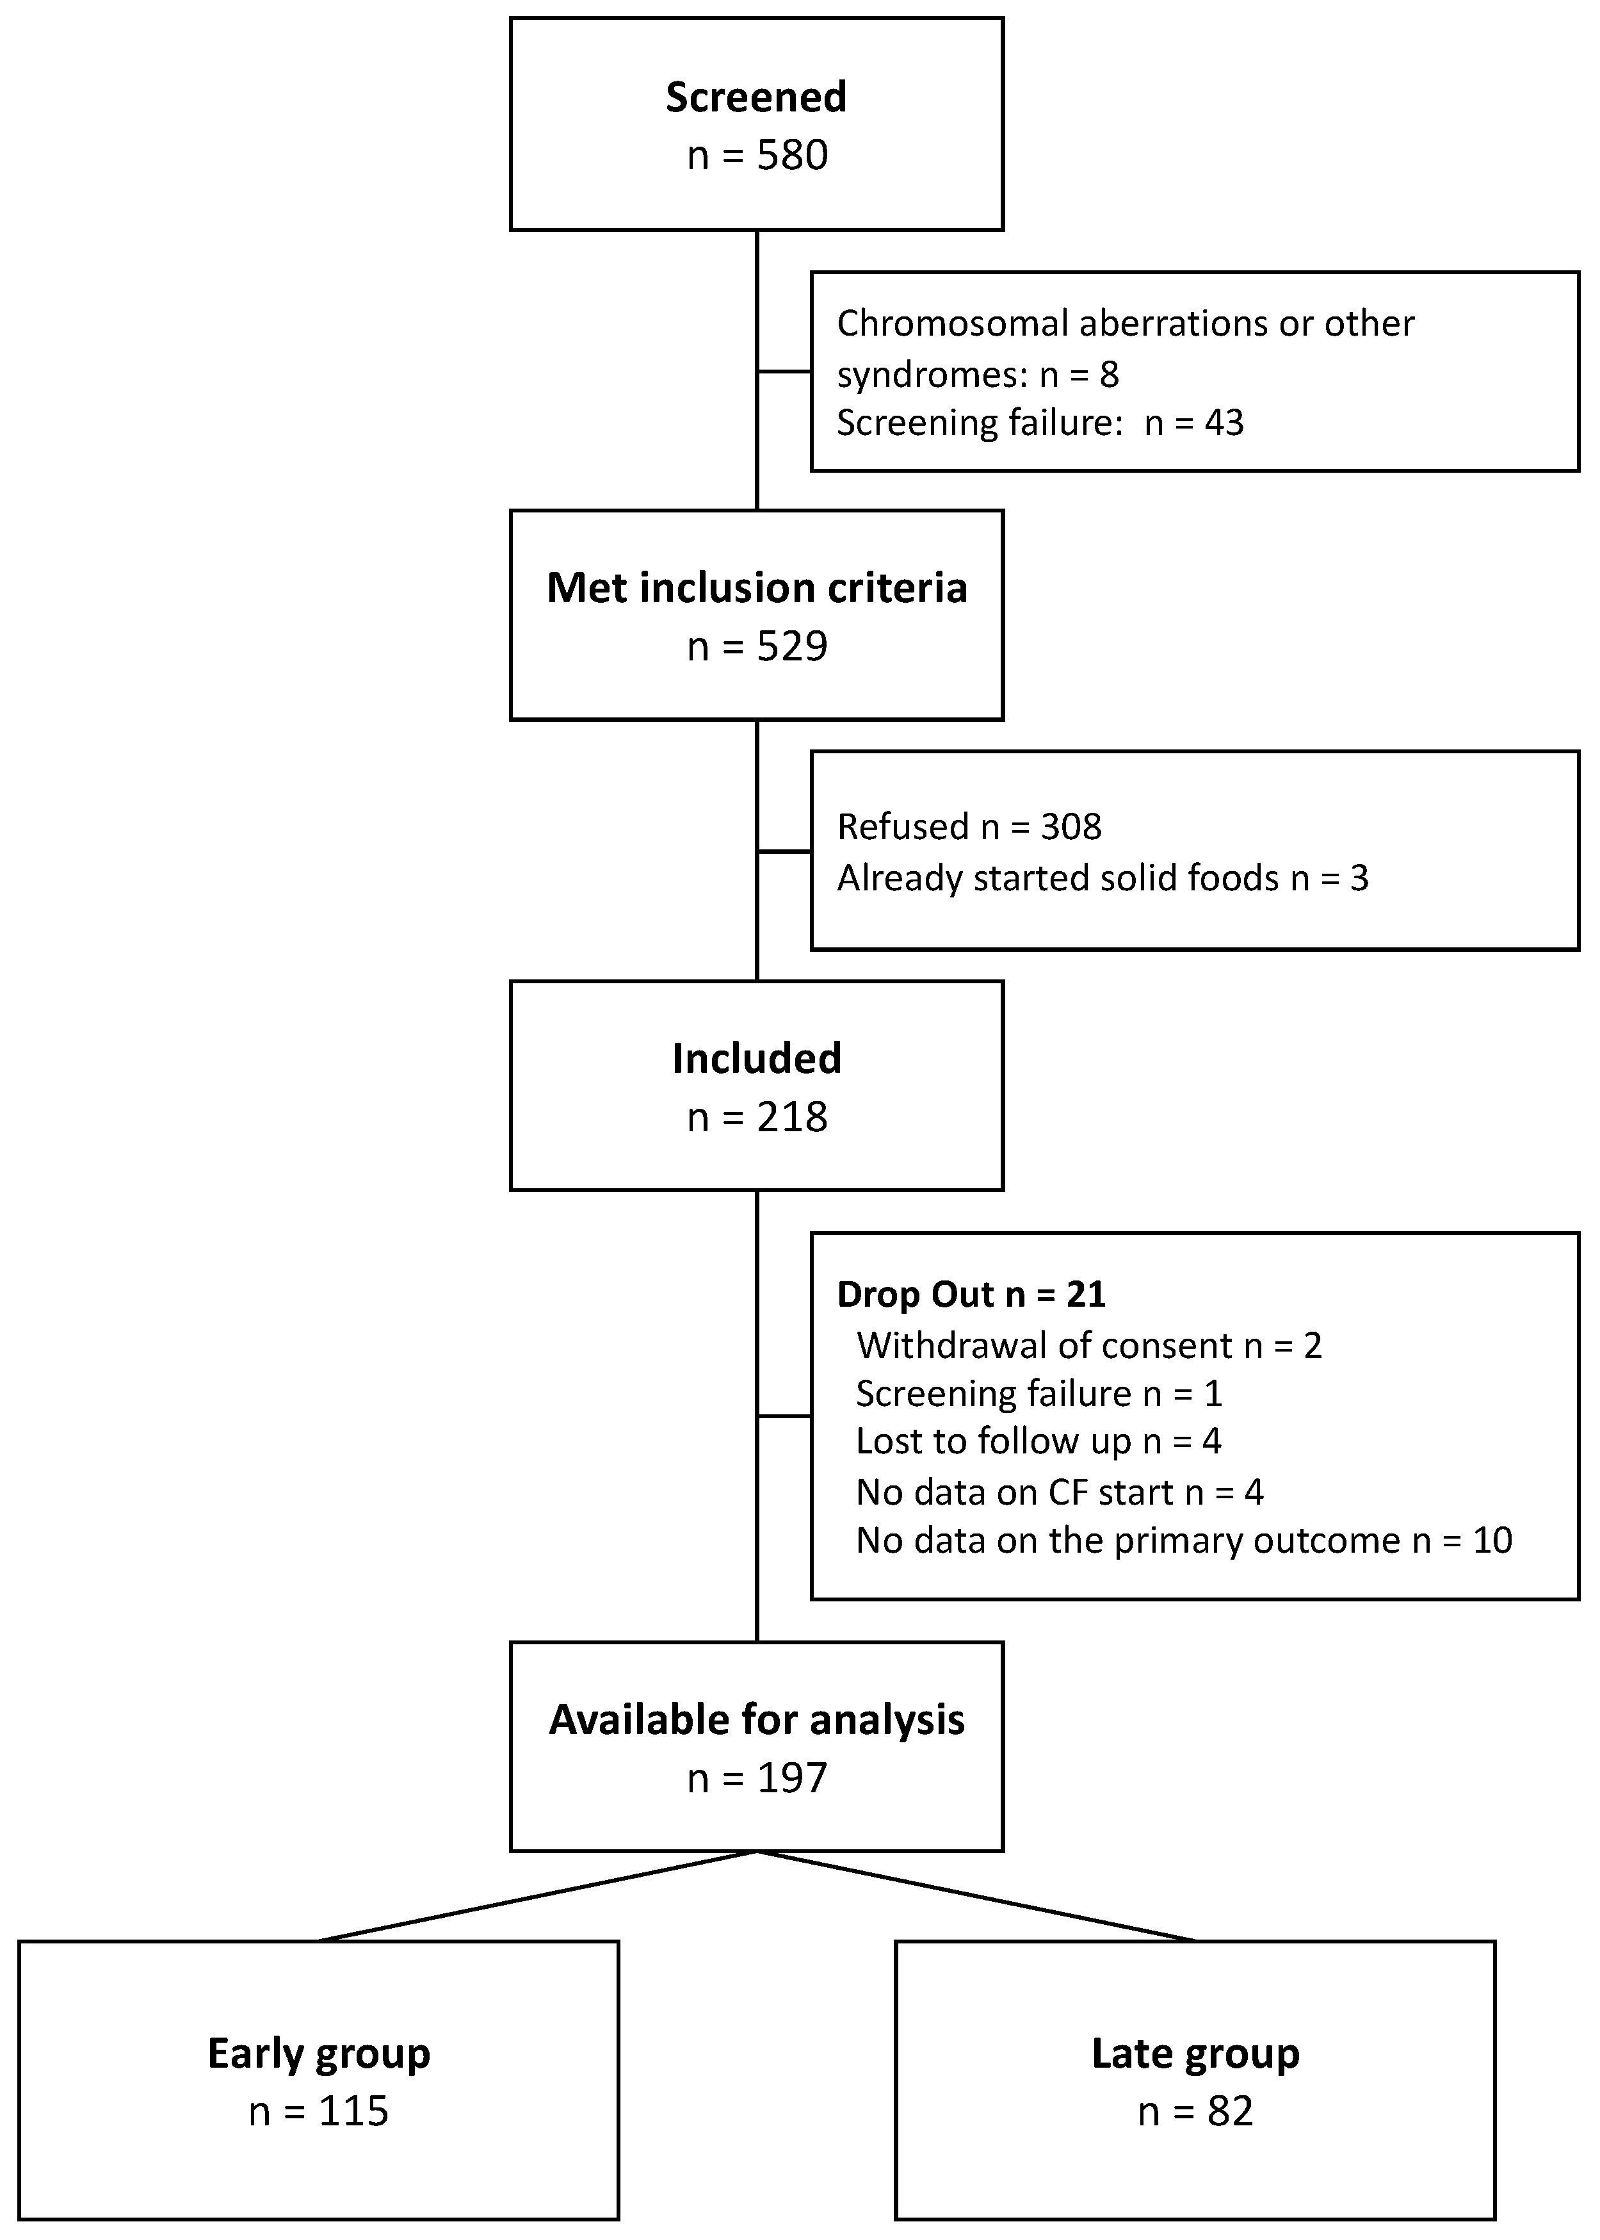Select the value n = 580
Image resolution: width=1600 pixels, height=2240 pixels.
click(757, 156)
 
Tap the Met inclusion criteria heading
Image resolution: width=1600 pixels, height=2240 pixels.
click(757, 588)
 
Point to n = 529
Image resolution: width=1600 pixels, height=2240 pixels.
click(757, 646)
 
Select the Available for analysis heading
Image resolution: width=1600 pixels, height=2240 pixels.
click(757, 1720)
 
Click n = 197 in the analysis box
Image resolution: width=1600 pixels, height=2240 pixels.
click(757, 1778)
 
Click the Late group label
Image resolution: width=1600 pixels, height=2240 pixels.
click(1195, 2054)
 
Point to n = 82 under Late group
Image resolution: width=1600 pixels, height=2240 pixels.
click(1195, 2112)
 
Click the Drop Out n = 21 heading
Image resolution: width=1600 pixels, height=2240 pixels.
click(971, 1294)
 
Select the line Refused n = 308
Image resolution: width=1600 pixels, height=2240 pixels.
click(969, 827)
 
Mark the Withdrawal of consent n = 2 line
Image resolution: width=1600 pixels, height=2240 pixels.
click(1088, 1345)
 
